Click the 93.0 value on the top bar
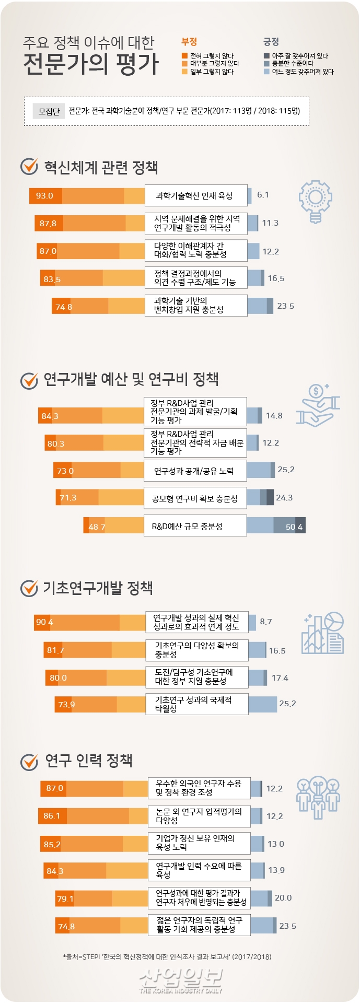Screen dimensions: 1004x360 point(44,196)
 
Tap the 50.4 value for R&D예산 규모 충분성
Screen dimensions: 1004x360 point(294,527)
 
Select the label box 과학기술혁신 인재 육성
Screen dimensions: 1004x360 point(195,195)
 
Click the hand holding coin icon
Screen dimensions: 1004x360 point(318,405)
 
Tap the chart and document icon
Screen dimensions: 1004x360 point(322,633)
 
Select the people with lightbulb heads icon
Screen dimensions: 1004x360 point(318,797)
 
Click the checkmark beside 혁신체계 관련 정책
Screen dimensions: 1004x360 point(29,167)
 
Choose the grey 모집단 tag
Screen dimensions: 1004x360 point(49,111)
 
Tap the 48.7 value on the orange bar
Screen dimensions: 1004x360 point(97,527)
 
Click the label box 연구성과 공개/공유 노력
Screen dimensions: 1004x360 point(194,471)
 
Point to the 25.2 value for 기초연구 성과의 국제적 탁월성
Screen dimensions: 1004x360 point(287,704)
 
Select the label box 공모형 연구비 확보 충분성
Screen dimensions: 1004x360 point(194,498)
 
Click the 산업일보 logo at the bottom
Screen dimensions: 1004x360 point(180,979)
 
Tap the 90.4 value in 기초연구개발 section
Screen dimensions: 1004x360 point(44,622)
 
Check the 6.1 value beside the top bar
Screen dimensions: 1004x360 point(263,195)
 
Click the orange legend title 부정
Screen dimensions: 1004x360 point(189,42)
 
